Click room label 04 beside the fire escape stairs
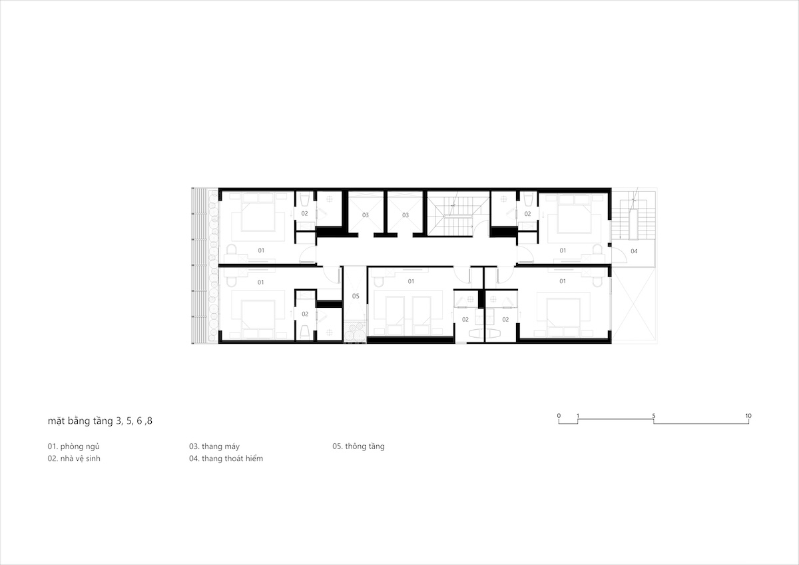click(x=634, y=251)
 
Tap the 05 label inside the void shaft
click(x=356, y=296)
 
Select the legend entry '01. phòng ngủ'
click(x=73, y=446)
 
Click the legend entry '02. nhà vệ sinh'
click(x=74, y=458)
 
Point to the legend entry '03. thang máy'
click(x=214, y=446)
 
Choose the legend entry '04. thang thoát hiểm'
click(x=226, y=458)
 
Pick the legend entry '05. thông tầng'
click(x=358, y=446)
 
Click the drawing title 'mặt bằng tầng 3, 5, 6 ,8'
click(x=100, y=421)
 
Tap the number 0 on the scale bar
click(x=559, y=416)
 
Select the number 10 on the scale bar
click(x=748, y=416)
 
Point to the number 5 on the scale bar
click(x=654, y=416)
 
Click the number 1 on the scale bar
click(x=578, y=416)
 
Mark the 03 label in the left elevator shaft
click(x=366, y=215)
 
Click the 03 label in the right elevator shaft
click(x=405, y=215)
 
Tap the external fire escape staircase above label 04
click(x=633, y=219)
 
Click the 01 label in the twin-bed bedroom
click(x=411, y=281)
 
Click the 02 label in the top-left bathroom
click(x=304, y=213)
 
